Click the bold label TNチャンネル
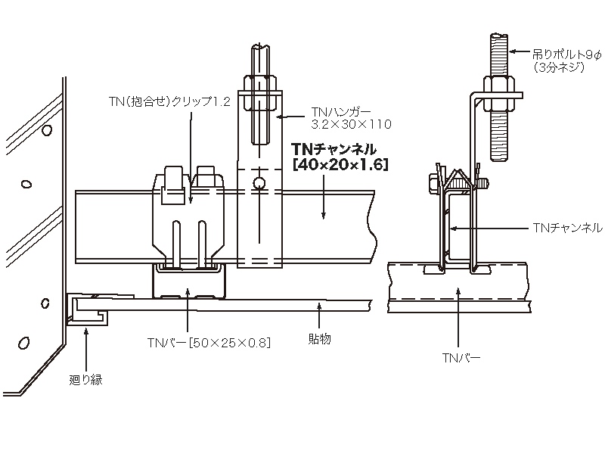334,150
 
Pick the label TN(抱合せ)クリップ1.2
168,101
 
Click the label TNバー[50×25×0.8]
209,342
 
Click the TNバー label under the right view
461,354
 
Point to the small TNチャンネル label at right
568,227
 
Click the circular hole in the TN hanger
259,182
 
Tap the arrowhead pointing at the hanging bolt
509,52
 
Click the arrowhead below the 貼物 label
319,305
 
